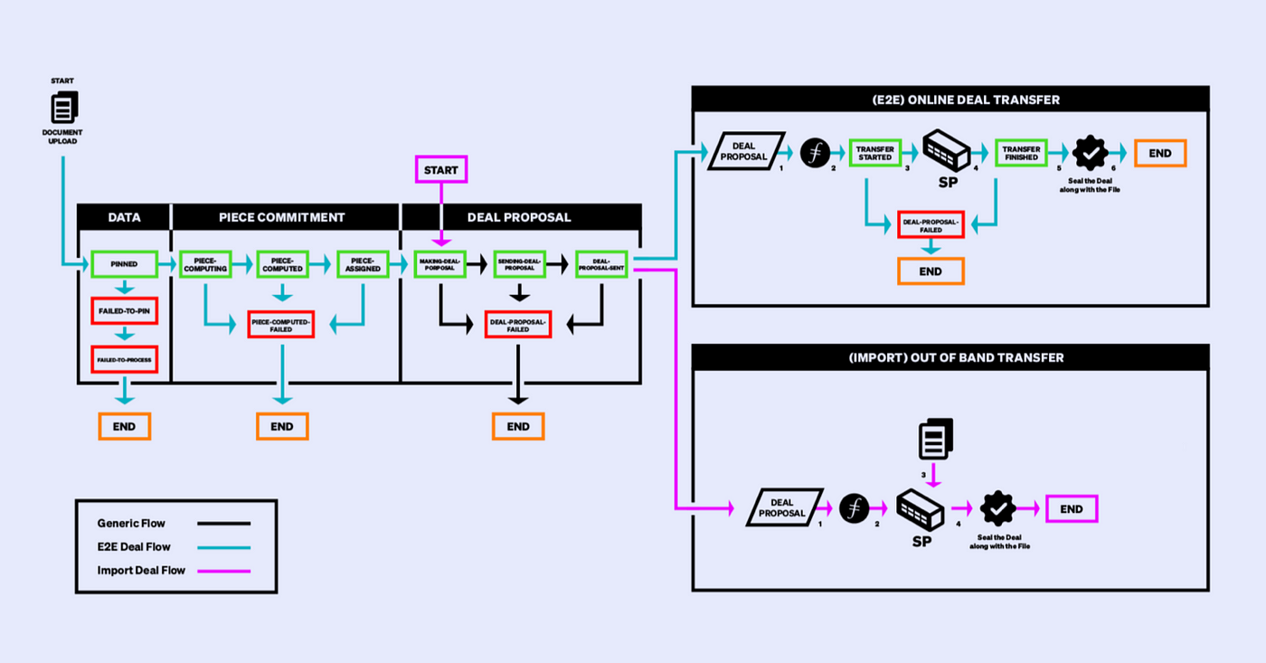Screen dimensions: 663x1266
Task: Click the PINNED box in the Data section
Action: click(125, 265)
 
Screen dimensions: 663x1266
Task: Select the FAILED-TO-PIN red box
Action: click(125, 310)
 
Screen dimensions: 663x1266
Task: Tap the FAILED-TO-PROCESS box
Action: click(125, 359)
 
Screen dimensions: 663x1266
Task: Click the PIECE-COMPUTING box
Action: click(204, 264)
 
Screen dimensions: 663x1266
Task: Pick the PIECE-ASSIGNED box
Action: click(363, 264)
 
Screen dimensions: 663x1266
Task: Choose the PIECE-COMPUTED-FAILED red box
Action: click(280, 325)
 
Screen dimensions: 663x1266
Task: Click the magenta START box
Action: click(440, 170)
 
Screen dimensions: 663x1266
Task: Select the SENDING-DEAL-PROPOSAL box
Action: click(518, 264)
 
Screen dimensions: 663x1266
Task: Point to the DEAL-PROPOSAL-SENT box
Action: click(601, 264)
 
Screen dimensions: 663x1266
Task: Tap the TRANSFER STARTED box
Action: click(875, 153)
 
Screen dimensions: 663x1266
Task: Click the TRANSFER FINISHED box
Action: click(1021, 153)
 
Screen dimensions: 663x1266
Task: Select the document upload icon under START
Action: click(62, 109)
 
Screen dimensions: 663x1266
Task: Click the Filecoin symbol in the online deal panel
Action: click(815, 153)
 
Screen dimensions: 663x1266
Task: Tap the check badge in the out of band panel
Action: click(998, 509)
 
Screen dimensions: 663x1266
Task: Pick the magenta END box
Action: click(1072, 509)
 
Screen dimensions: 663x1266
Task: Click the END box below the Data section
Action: click(125, 426)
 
